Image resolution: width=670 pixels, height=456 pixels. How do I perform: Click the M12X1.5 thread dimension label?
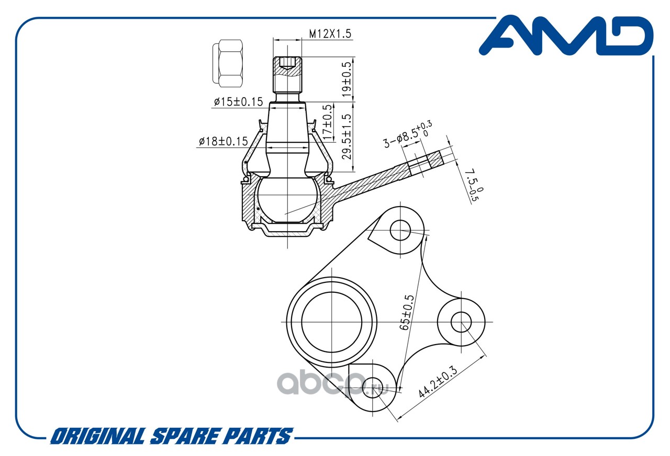[x=330, y=34]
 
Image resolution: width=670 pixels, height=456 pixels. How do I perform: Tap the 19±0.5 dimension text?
[x=347, y=79]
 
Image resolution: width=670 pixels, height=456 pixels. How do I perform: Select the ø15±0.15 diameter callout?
[x=238, y=102]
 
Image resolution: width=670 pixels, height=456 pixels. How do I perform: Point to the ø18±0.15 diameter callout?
[x=224, y=141]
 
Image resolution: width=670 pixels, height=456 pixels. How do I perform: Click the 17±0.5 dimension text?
[x=328, y=122]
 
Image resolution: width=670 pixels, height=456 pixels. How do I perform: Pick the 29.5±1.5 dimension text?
[x=347, y=137]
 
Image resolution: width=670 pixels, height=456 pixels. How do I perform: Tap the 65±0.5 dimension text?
[x=407, y=312]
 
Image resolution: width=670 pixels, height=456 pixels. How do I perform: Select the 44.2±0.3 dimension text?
[x=438, y=382]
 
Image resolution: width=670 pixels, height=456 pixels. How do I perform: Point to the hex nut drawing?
[x=228, y=63]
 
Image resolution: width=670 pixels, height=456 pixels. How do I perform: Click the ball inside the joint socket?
[x=287, y=200]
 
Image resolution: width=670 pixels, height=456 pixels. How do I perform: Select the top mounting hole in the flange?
[x=400, y=230]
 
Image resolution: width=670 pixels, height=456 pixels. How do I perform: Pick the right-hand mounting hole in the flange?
[x=461, y=322]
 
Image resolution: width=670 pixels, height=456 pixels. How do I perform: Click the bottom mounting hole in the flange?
[x=372, y=387]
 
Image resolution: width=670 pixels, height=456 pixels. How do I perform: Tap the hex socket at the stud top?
[x=287, y=63]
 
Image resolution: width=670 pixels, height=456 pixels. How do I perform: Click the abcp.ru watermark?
[x=332, y=383]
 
